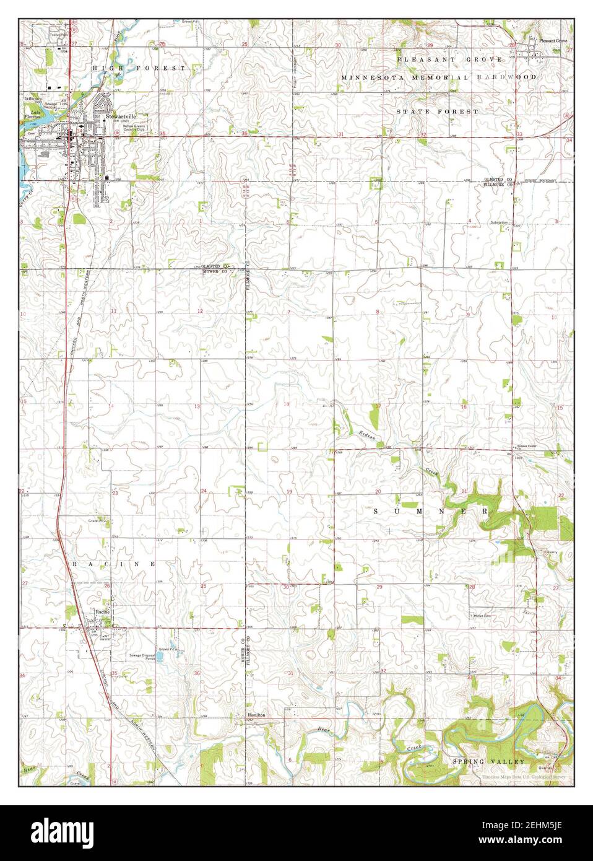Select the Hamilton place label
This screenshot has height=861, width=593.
257,714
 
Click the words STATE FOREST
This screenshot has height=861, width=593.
437,111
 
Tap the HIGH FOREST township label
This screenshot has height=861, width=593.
139,67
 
